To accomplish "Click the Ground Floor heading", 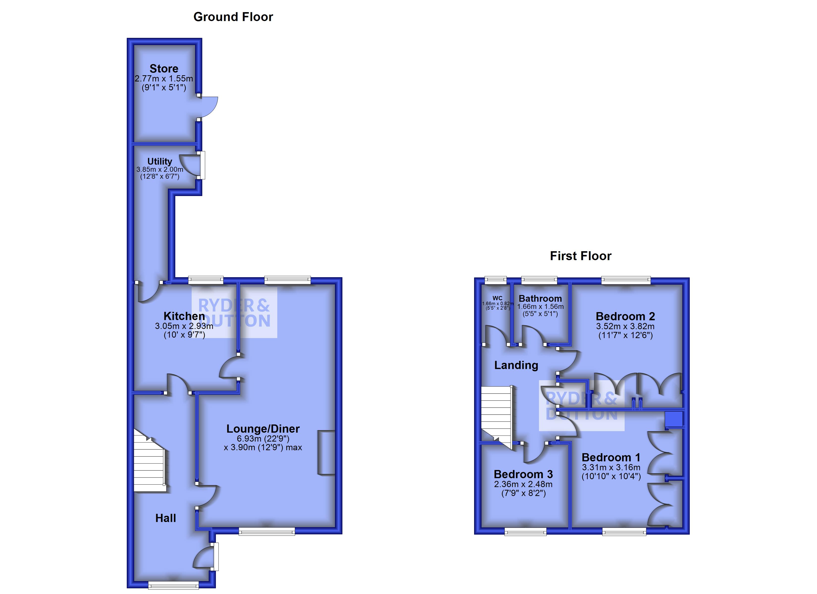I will tap(233, 17).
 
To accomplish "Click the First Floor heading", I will tap(580, 256).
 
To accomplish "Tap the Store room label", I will tap(164, 69).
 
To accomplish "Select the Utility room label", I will tap(160, 161).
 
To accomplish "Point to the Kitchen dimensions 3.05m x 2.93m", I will tap(184, 326).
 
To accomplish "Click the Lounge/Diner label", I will tap(263, 429).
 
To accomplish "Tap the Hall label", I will tap(166, 518).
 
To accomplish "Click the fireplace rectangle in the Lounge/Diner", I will tap(326, 452).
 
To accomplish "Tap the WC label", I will tap(497, 298).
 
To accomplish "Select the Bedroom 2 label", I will tap(625, 316).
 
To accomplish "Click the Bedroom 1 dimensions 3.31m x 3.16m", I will tap(611, 468).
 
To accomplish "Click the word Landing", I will tap(516, 365).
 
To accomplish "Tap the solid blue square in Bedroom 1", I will tap(674, 419).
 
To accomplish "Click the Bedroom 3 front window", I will tap(525, 532).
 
